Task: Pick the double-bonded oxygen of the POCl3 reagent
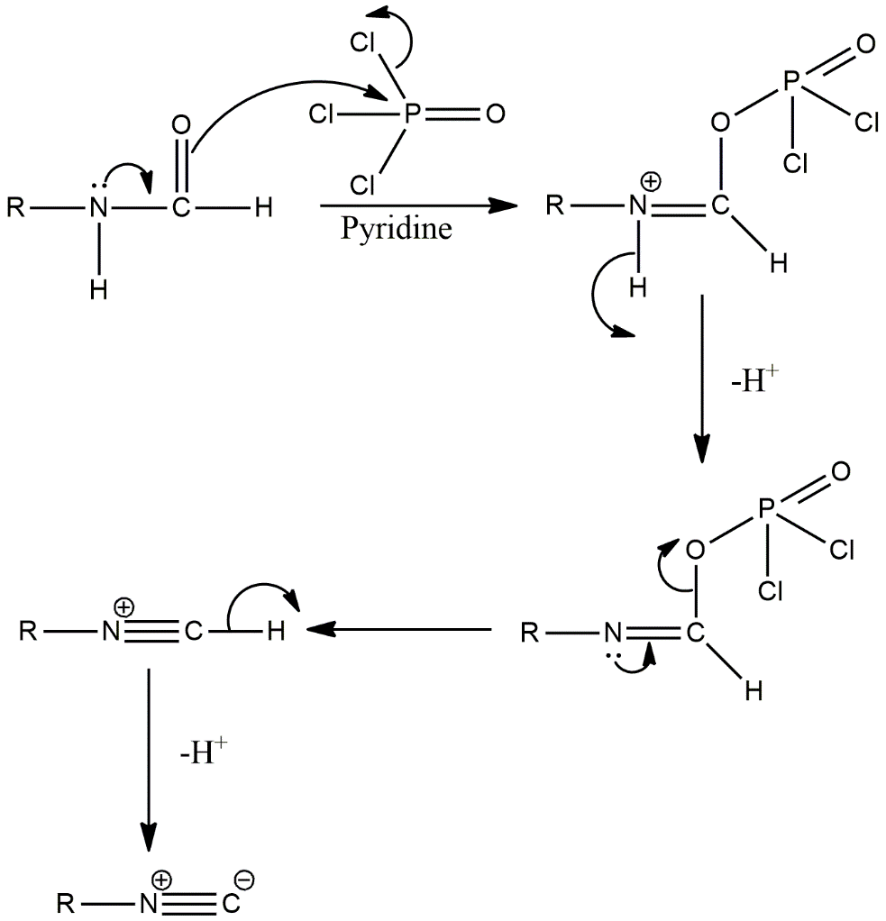tap(494, 114)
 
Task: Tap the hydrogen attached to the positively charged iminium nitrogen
tap(638, 288)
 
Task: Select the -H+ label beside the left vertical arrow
tap(201, 752)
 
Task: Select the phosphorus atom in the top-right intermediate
tap(791, 82)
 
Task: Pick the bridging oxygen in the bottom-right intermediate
tap(694, 549)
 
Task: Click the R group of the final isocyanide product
tap(64, 902)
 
